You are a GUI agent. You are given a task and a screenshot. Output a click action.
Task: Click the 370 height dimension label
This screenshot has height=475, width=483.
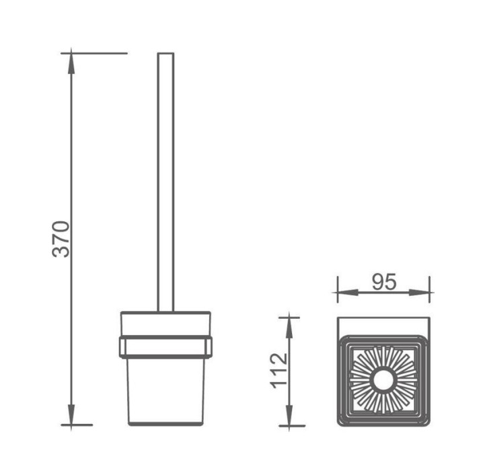[x=61, y=239]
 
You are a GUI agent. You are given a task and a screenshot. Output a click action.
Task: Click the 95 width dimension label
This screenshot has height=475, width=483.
[x=383, y=282]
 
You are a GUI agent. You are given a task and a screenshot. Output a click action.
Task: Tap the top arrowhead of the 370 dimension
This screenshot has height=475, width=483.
[x=71, y=63]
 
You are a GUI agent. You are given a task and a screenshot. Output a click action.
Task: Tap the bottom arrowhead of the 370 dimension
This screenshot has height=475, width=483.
[x=71, y=414]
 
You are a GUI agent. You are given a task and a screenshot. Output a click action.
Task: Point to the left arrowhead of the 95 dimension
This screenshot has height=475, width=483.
[x=348, y=292]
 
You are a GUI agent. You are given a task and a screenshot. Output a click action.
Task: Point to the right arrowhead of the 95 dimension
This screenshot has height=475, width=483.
[x=419, y=292]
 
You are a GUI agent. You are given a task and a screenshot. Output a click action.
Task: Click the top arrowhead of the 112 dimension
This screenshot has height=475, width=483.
[x=289, y=328]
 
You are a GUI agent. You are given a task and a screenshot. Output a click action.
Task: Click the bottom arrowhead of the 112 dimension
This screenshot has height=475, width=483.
[x=289, y=415]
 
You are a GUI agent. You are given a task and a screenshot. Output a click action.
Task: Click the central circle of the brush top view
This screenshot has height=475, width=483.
[x=383, y=380]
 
